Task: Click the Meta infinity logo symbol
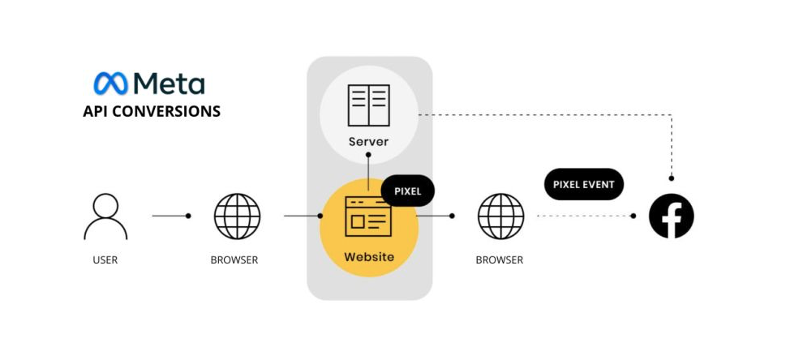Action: [x=110, y=84]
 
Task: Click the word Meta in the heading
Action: [x=169, y=84]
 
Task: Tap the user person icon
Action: [x=105, y=216]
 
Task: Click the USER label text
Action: [x=105, y=260]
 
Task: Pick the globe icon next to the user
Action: [x=237, y=216]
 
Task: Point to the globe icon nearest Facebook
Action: [x=500, y=216]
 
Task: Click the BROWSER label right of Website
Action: [x=500, y=260]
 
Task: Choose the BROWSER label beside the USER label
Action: [x=234, y=260]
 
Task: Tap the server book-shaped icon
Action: [x=368, y=105]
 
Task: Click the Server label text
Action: [x=368, y=142]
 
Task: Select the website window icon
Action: [x=368, y=216]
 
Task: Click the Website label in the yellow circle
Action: [x=368, y=257]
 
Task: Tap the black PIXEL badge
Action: [x=408, y=191]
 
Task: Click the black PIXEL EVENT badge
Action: [x=584, y=184]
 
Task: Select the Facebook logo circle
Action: [x=672, y=216]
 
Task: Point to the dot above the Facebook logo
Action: [x=672, y=178]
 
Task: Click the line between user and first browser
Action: [x=169, y=216]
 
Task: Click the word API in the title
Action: [x=95, y=111]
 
